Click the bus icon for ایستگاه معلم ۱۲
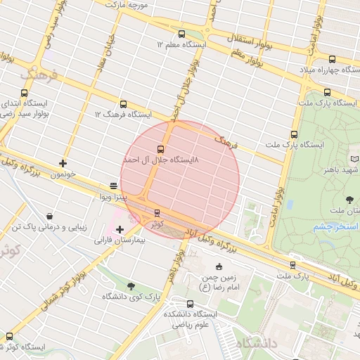pos(182,34)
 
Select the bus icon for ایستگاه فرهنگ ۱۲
pos(124,103)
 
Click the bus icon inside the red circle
pos(161,149)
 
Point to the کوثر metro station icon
pos(156,212)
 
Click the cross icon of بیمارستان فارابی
pos(120,229)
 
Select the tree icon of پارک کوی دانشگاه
pos(131,285)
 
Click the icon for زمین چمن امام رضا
pos(219,266)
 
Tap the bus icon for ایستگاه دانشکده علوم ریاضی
pos(190,304)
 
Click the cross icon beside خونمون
pos(63,163)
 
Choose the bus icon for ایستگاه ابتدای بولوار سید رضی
pos(25,92)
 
